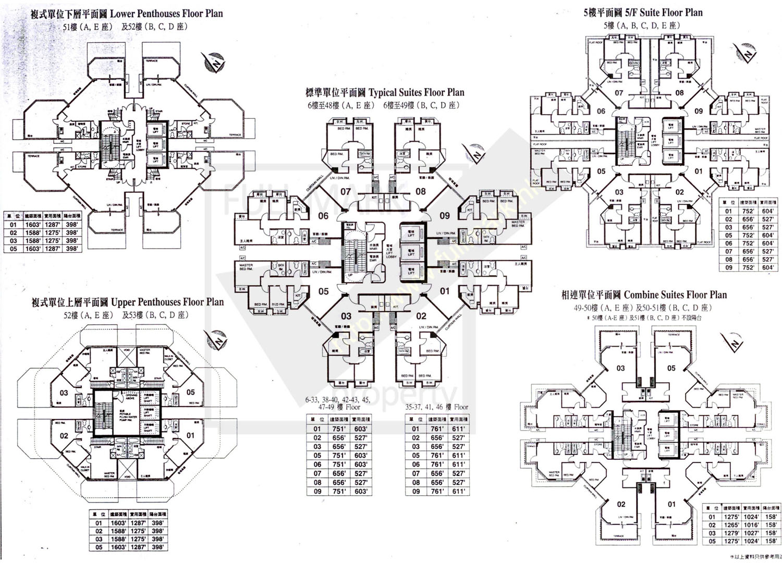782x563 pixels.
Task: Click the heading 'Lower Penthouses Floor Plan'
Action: coord(166,14)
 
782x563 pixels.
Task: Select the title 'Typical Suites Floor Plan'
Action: coord(416,93)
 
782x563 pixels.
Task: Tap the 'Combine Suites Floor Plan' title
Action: coord(675,295)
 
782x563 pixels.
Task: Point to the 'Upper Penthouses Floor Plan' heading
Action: coord(167,302)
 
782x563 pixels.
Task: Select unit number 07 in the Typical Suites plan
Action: coord(346,192)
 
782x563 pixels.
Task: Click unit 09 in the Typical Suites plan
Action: coord(444,215)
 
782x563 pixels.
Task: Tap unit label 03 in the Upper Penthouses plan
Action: coord(64,393)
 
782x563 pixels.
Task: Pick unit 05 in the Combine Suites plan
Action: coord(671,368)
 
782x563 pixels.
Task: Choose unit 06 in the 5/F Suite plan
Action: coord(601,111)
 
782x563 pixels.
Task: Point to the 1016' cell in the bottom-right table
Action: coord(751,525)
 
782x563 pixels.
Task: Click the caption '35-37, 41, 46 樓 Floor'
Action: coord(437,407)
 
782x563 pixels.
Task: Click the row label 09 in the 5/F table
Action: coord(728,267)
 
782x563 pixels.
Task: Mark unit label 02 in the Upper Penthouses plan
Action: coord(64,435)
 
